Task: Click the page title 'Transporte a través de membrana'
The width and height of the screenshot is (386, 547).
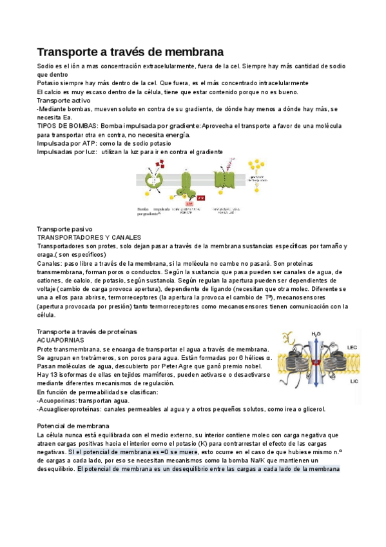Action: point(130,51)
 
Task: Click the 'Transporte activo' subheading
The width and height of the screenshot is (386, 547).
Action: point(63,100)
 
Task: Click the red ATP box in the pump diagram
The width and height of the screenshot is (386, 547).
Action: point(200,198)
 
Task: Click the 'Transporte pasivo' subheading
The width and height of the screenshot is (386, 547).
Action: point(64,229)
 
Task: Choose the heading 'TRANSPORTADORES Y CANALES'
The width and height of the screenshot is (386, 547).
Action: point(89,237)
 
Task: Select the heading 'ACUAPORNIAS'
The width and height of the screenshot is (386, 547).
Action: point(60,339)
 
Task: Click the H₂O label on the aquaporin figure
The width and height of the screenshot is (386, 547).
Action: point(316,333)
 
